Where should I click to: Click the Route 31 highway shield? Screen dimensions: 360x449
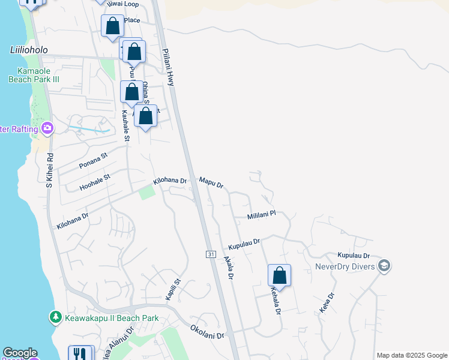click(x=211, y=254)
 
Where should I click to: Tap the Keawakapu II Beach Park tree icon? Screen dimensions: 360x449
click(x=56, y=316)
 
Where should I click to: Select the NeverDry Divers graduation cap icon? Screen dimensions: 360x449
click(x=384, y=265)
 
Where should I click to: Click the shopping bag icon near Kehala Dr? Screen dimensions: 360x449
click(x=279, y=275)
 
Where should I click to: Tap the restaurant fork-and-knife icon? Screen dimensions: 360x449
click(x=80, y=353)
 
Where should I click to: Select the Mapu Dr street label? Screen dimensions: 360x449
click(x=211, y=182)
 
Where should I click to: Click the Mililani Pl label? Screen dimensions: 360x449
click(x=261, y=214)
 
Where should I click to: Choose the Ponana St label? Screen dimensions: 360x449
click(x=93, y=160)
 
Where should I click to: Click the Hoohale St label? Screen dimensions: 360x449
click(x=95, y=182)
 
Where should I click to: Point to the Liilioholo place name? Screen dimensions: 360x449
click(x=28, y=50)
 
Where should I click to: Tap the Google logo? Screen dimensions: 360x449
click(x=20, y=353)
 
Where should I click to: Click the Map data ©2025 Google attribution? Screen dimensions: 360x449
click(x=412, y=355)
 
